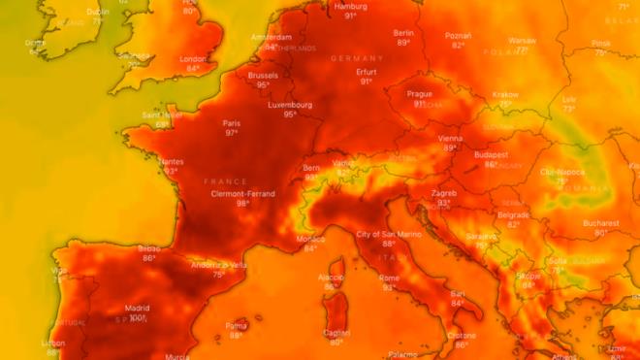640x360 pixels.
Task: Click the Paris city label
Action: (x=231, y=123)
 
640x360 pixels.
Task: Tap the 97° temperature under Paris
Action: (x=231, y=133)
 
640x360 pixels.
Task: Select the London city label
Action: (x=193, y=58)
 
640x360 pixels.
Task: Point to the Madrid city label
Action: (x=137, y=308)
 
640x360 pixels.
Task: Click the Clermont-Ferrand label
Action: (x=242, y=194)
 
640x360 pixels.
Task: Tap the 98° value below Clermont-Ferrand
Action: (x=242, y=204)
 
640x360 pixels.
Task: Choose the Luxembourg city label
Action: (x=290, y=105)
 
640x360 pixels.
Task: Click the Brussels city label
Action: (x=263, y=75)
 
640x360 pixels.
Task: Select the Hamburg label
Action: (x=350, y=6)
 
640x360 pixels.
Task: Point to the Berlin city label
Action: (x=403, y=33)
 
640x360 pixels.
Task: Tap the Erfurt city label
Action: (x=367, y=71)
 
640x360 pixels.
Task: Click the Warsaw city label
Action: (x=522, y=41)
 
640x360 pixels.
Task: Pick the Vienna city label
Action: (x=450, y=139)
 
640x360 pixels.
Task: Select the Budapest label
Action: (x=492, y=154)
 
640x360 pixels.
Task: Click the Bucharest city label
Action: (x=600, y=223)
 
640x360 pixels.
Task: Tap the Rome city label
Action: (x=389, y=278)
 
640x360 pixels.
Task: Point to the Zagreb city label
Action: (x=443, y=193)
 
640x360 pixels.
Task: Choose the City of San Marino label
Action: (x=388, y=235)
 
